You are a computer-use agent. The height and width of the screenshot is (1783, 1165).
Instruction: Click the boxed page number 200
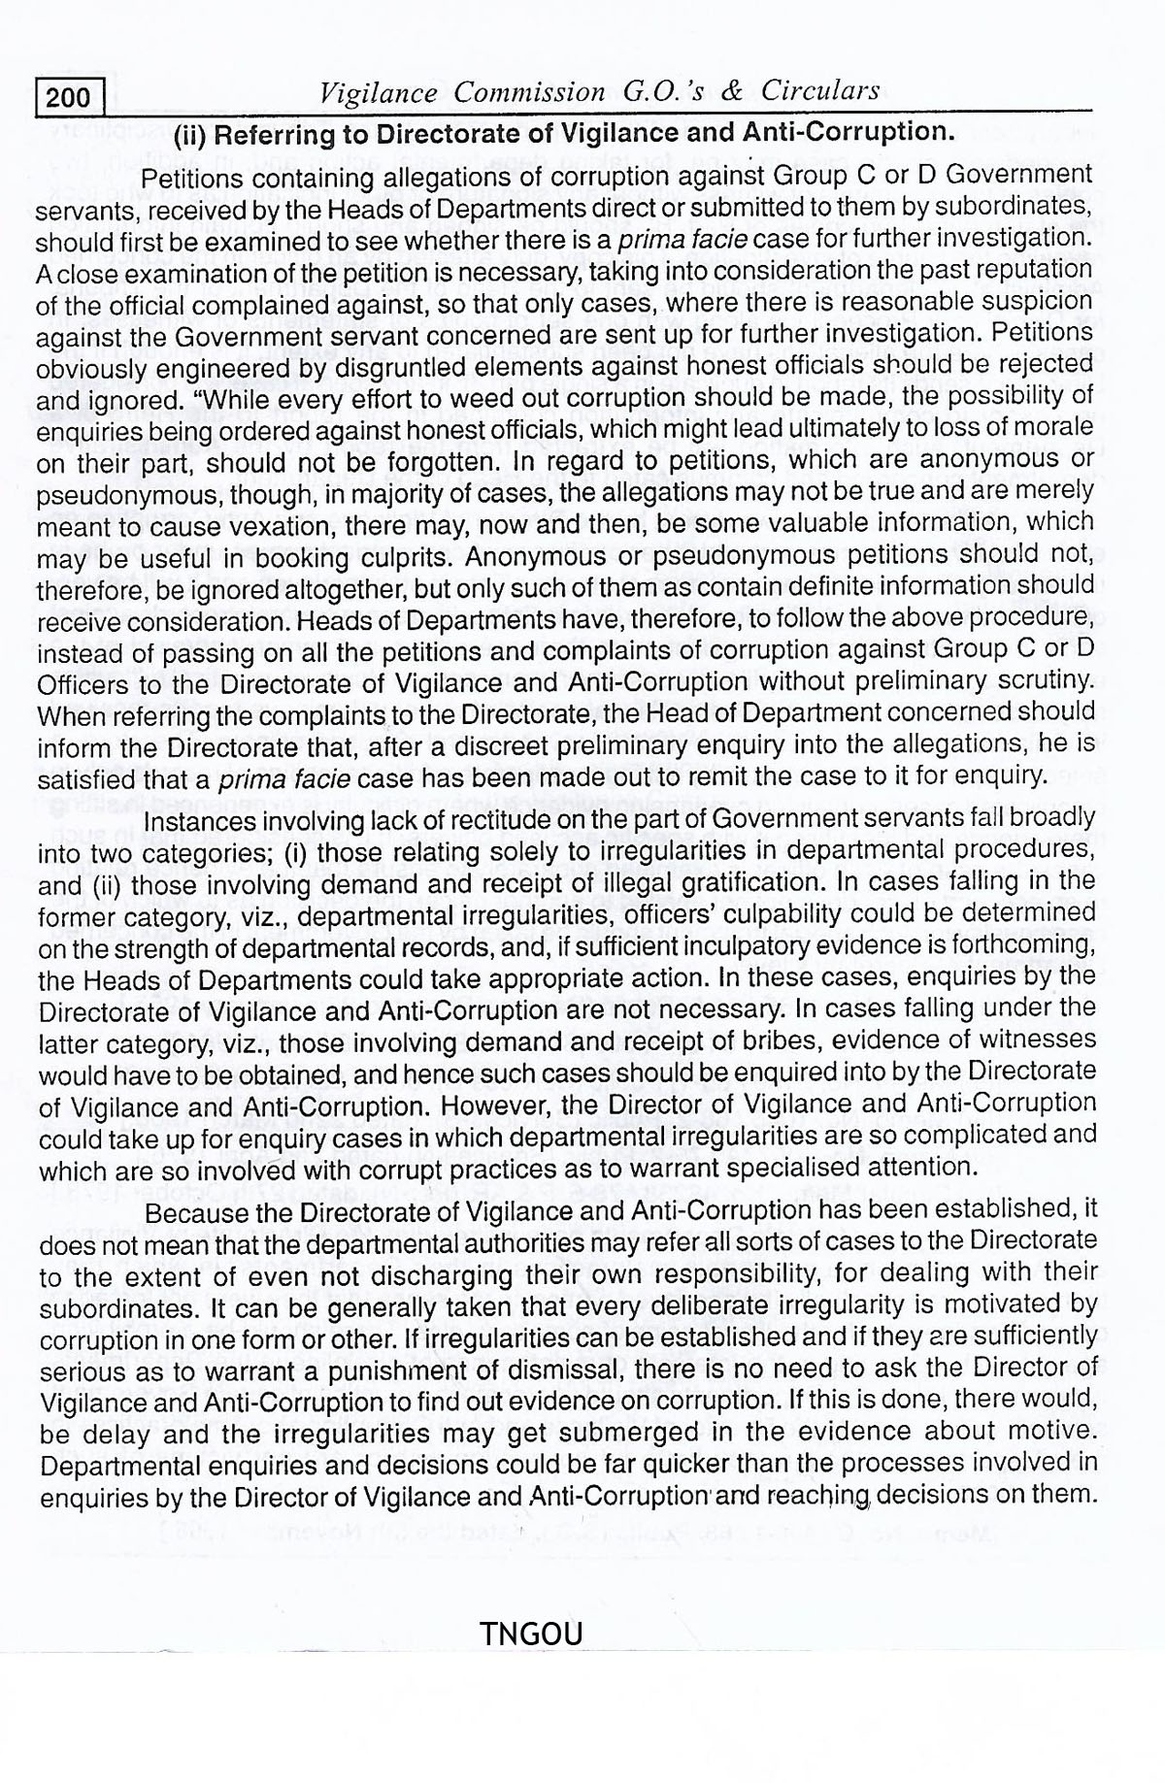(x=68, y=97)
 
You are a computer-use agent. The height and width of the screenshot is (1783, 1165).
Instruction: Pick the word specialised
(x=838, y=1167)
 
